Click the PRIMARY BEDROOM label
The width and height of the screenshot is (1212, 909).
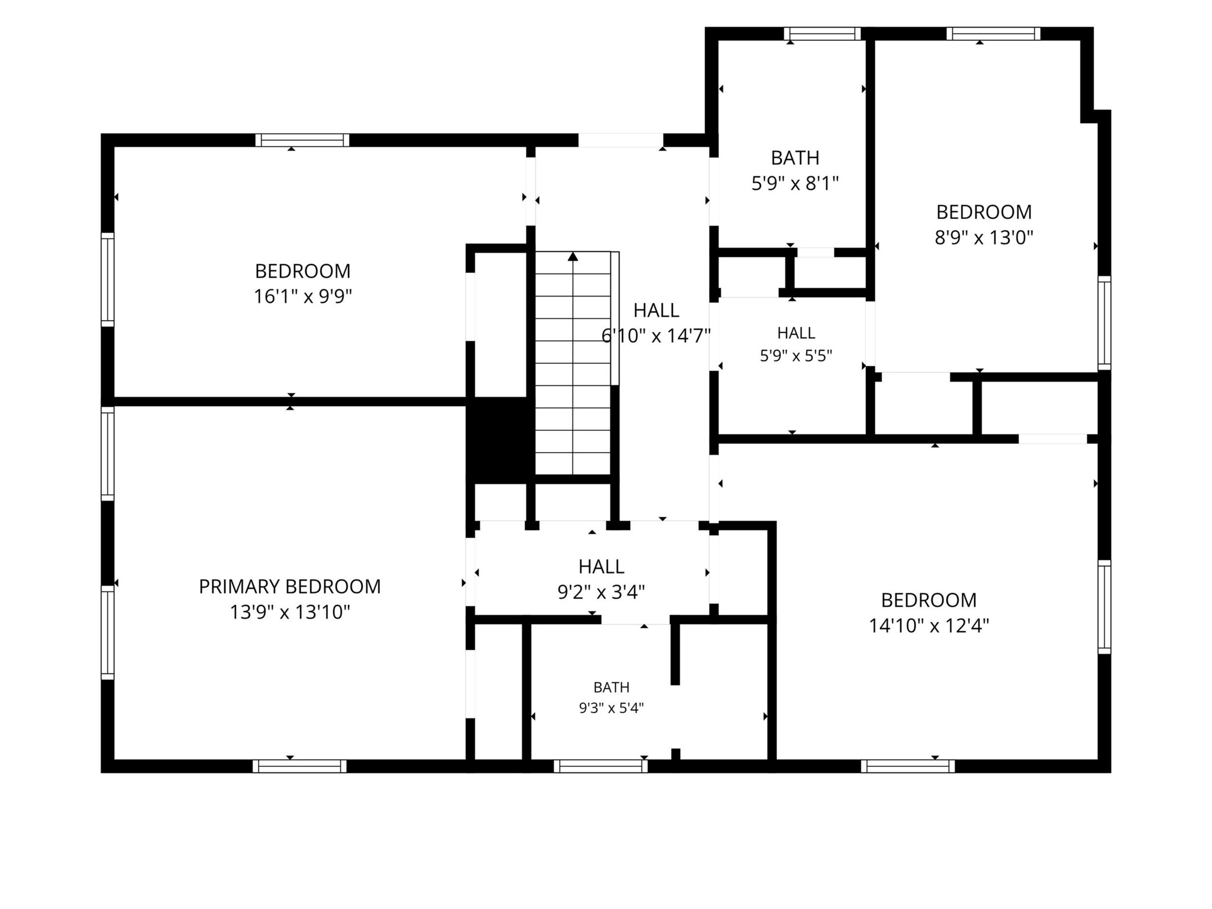tap(289, 586)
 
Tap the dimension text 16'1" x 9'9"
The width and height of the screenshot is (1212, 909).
tap(303, 296)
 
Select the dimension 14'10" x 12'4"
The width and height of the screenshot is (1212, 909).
tap(929, 626)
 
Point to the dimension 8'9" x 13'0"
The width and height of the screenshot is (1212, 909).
tap(984, 237)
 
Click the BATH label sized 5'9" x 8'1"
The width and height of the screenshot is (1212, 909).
tap(795, 158)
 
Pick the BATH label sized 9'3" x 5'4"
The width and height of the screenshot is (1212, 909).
tap(611, 687)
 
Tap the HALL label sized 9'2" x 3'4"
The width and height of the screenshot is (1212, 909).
tap(601, 567)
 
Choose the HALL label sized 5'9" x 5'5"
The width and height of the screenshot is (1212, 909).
tap(796, 333)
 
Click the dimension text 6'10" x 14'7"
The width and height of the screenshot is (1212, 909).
tap(656, 336)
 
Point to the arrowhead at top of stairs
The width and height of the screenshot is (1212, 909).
tap(573, 256)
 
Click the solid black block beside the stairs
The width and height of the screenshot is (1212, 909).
tap(501, 440)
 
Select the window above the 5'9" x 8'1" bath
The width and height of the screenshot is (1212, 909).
tap(823, 34)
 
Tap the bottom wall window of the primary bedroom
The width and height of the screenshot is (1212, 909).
tap(299, 766)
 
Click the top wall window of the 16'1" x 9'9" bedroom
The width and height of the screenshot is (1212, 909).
tap(302, 140)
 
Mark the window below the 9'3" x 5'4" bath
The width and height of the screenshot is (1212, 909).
tap(601, 766)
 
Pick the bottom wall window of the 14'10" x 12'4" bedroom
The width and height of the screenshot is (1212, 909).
tap(908, 766)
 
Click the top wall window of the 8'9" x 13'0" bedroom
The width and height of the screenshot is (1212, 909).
tap(994, 34)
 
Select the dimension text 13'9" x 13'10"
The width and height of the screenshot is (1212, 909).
tap(290, 612)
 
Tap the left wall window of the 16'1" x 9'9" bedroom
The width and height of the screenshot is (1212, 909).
tap(107, 279)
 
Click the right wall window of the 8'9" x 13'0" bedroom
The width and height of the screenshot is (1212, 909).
tap(1104, 323)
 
